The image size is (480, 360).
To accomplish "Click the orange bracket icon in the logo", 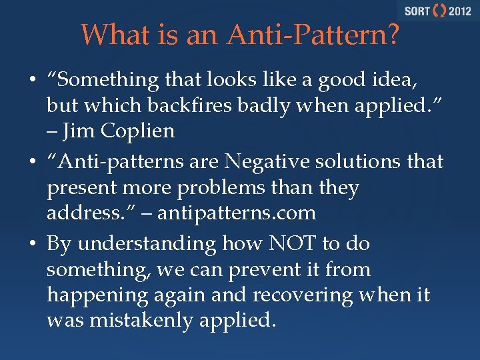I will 439,11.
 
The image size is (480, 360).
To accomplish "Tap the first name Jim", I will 79,131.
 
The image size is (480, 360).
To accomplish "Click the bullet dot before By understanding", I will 32,244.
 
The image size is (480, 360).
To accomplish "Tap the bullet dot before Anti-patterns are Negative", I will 32,161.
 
